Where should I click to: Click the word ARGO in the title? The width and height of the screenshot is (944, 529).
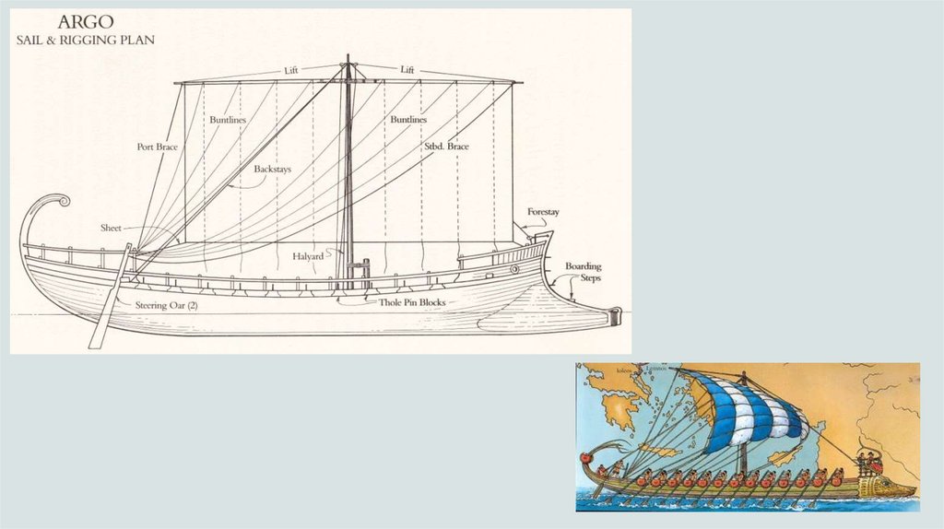86,22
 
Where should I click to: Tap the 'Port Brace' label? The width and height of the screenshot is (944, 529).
157,147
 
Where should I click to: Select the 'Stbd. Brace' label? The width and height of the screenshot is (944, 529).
446,147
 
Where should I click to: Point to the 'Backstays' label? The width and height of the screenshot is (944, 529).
273,170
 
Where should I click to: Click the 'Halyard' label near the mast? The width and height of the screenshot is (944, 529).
308,255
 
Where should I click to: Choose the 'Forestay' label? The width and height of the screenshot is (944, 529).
543,212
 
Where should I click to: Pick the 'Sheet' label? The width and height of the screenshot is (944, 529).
111,228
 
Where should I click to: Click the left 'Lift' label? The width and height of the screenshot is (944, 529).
291,70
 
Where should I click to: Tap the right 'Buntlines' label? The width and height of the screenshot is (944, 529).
407,120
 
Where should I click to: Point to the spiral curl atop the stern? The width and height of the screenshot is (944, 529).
57,202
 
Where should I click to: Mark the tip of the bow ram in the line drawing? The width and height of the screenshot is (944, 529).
615,315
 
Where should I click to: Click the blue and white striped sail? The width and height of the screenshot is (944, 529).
751,411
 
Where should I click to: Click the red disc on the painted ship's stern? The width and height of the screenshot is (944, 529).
584,457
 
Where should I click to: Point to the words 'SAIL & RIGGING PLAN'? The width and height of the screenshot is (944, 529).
86,40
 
